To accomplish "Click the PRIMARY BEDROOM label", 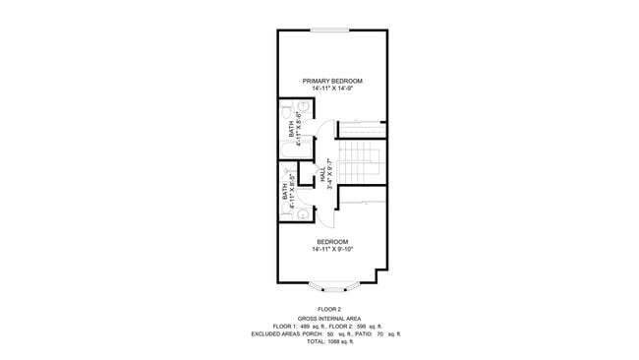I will (x=332, y=81).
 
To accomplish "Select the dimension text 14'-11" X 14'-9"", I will (x=332, y=89).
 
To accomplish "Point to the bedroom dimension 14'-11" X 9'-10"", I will (x=332, y=249).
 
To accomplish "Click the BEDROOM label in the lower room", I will (x=332, y=241).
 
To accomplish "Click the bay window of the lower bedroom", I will (x=332, y=286).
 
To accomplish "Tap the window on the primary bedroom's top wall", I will (x=332, y=30).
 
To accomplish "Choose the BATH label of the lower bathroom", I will (x=286, y=193).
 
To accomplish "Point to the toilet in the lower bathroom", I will (x=304, y=211).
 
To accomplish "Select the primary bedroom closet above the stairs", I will (x=362, y=129).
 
